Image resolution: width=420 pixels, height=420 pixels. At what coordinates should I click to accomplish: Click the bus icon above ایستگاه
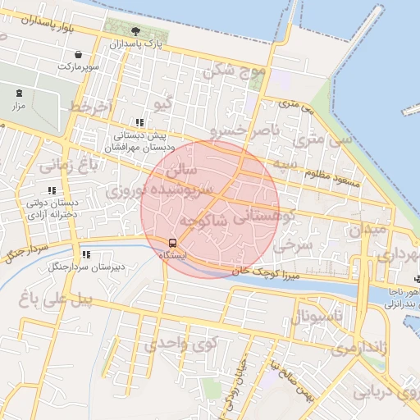pos(172,243)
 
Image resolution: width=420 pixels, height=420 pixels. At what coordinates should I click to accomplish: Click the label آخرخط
pos(89,107)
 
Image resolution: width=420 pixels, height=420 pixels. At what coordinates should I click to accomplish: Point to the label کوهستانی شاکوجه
pos(240,219)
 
